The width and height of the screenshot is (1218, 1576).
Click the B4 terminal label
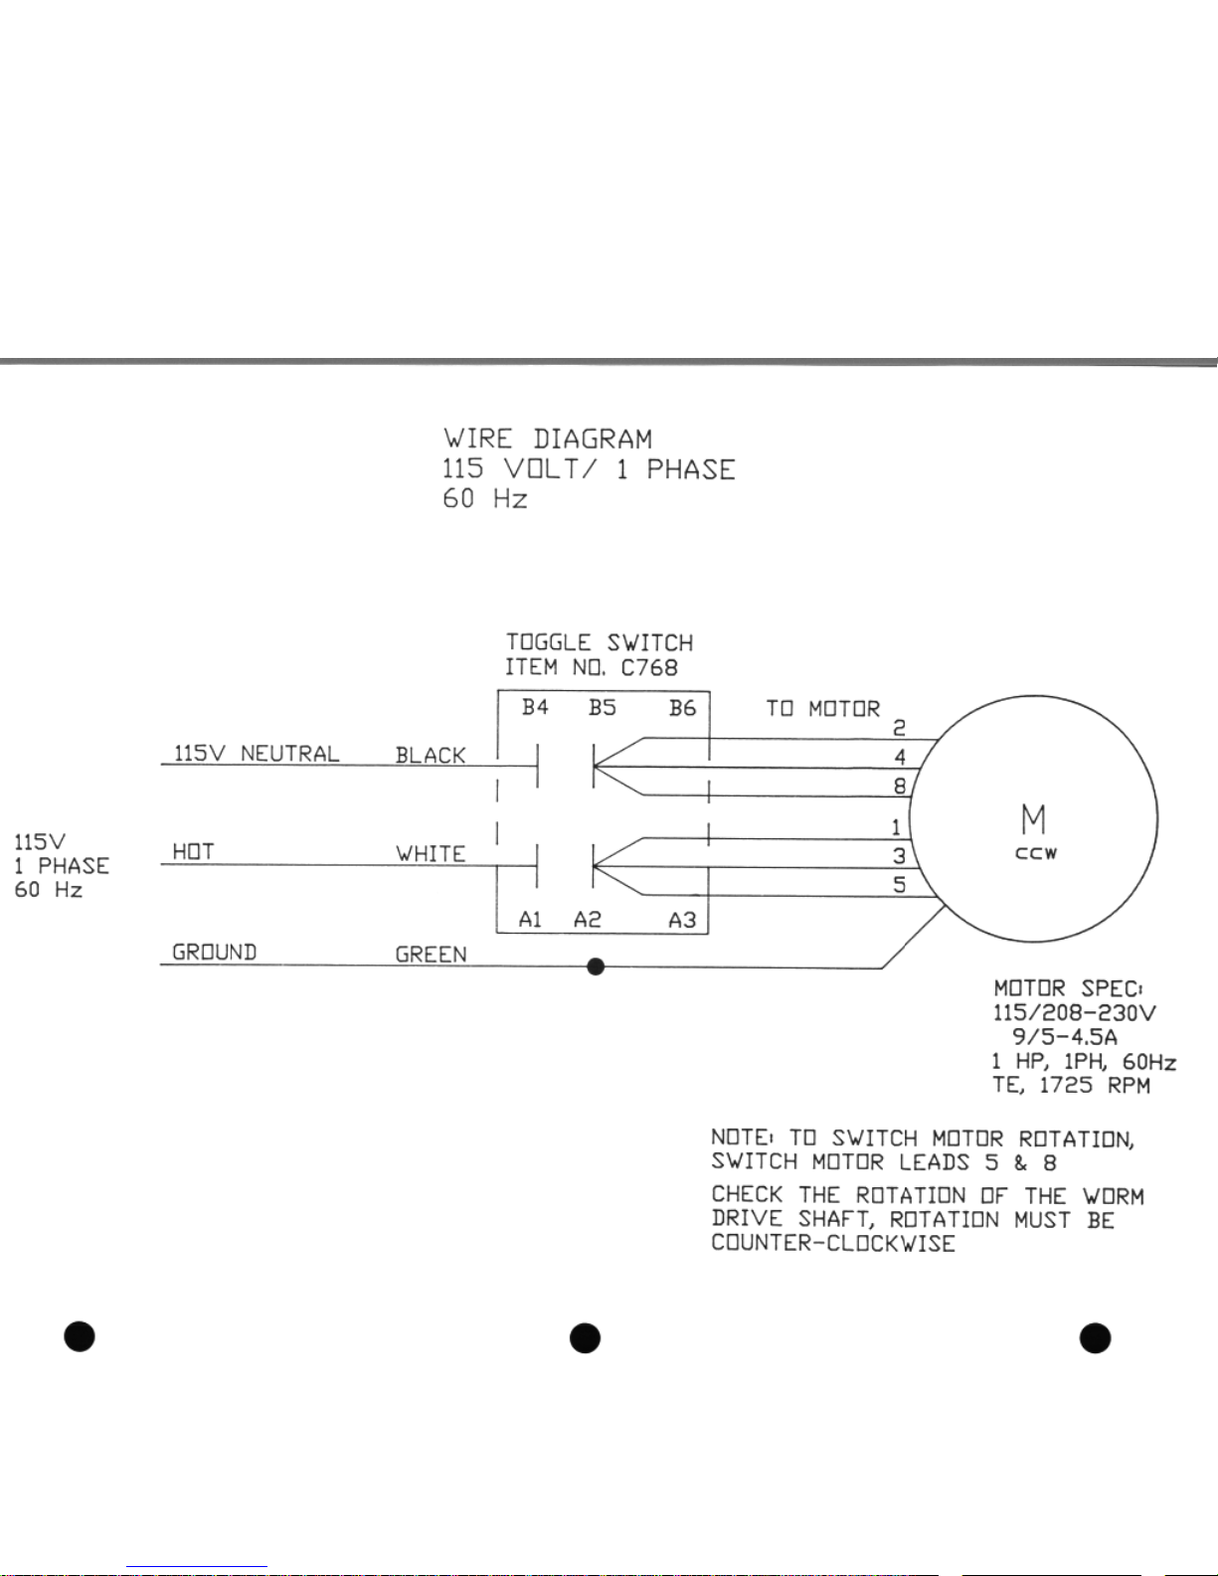tap(535, 708)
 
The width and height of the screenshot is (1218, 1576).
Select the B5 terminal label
tap(602, 708)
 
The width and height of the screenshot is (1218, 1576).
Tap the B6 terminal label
tap(682, 708)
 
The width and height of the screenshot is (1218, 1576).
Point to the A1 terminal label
tap(530, 920)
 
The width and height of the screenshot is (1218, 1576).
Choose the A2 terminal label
tap(587, 920)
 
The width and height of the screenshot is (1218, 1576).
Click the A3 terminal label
tap(682, 920)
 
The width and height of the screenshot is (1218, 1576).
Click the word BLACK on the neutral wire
tap(431, 756)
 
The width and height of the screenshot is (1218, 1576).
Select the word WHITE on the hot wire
tap(431, 854)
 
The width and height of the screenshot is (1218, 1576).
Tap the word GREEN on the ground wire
tap(431, 955)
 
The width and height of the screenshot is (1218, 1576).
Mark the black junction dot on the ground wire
tap(596, 965)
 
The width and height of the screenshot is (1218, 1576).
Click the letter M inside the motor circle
tap(1034, 819)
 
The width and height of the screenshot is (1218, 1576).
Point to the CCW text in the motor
tap(1036, 854)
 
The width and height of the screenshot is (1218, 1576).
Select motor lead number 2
tap(899, 729)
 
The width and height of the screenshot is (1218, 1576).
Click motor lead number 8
tap(899, 786)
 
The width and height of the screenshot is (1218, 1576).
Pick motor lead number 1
tap(897, 827)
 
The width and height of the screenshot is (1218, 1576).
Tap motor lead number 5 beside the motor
tap(899, 884)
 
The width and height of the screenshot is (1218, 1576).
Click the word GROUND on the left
tap(215, 953)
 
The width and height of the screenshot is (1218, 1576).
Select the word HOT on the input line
tap(193, 852)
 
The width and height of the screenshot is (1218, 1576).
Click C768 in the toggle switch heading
tap(649, 668)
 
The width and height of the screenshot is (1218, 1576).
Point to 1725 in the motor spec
tap(1066, 1085)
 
